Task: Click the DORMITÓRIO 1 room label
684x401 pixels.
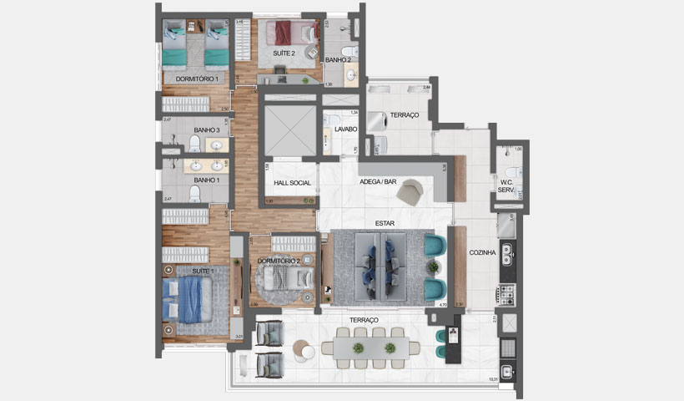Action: point(196,79)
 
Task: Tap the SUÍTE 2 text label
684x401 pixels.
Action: point(284,53)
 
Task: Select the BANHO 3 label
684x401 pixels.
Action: point(206,130)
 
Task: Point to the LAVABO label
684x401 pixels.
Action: point(346,129)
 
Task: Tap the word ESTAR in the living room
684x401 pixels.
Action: point(385,223)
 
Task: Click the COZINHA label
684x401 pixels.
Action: point(483,252)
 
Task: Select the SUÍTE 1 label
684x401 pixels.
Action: point(203,271)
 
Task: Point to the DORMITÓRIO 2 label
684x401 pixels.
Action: point(279,261)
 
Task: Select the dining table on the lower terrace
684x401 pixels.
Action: point(367,348)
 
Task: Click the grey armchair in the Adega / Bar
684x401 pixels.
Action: point(410,191)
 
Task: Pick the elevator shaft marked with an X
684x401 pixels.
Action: point(288,131)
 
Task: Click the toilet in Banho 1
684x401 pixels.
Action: point(195,195)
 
